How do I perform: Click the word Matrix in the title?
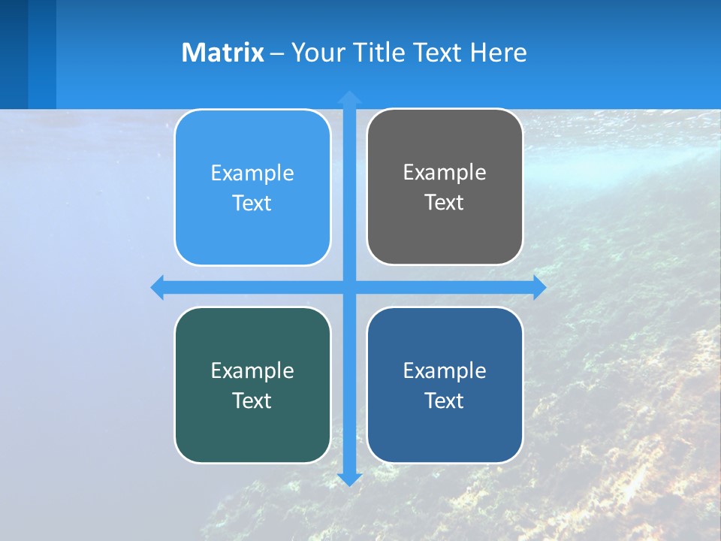222,53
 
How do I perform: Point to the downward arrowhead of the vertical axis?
349,479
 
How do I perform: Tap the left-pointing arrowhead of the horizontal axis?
158,287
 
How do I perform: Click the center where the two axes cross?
349,287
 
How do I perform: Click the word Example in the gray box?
445,173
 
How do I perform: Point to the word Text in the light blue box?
252,204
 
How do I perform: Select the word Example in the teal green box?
252,370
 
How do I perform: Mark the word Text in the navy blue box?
445,400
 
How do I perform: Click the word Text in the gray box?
445,203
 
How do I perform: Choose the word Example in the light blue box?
252,174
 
